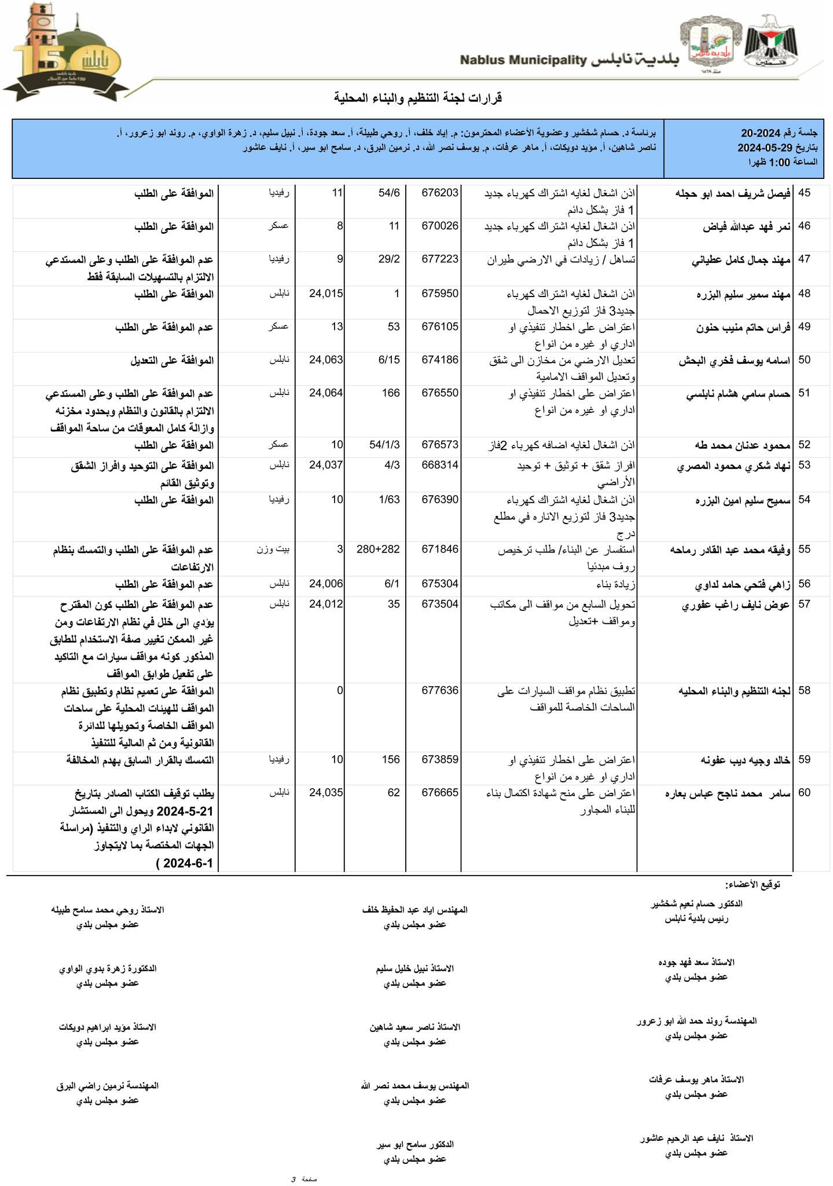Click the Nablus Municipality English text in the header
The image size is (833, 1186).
pos(524,60)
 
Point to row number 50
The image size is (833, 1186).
pos(805,360)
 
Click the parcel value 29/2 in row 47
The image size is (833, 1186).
pos(389,259)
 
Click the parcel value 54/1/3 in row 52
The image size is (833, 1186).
pos(384,445)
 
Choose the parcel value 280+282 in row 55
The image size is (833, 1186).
pos(379,550)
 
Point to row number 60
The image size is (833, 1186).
pos(805,793)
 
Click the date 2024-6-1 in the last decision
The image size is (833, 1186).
pos(189,863)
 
